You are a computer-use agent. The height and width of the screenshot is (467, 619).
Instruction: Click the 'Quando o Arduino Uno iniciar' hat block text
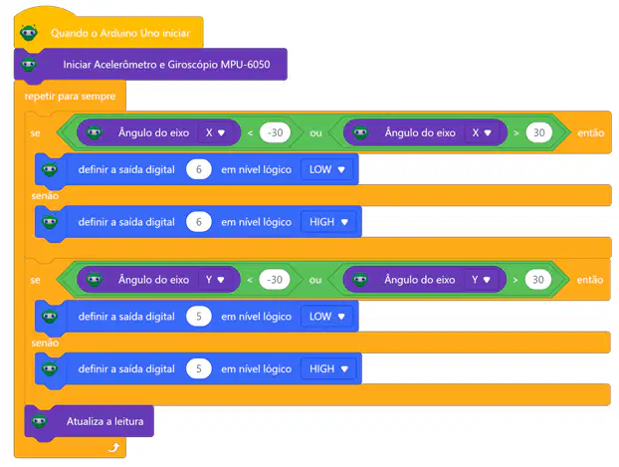click(120, 33)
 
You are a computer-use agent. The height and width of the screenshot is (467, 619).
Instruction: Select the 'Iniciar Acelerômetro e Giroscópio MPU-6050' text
click(166, 65)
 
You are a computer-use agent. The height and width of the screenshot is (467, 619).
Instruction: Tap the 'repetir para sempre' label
click(70, 96)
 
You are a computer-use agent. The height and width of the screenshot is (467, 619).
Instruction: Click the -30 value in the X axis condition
click(275, 132)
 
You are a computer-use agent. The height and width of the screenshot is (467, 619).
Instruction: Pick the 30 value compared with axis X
click(538, 132)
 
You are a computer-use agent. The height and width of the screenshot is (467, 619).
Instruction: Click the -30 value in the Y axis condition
click(275, 280)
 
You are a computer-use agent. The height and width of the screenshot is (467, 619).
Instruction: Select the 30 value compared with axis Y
click(538, 280)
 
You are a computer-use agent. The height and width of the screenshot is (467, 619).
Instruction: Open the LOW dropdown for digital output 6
click(326, 169)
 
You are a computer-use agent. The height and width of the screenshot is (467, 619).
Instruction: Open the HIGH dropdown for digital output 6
click(328, 222)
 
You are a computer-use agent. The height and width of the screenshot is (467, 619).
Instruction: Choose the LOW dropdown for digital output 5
click(326, 317)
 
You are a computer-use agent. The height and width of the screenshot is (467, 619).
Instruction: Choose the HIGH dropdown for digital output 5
click(328, 369)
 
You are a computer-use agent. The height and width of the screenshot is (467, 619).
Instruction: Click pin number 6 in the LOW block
click(199, 169)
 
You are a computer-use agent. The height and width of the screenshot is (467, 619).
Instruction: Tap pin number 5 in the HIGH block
click(199, 369)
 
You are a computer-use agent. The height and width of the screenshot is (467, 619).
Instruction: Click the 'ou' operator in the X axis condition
click(315, 133)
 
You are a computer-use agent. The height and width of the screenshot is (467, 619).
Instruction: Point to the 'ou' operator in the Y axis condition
click(315, 280)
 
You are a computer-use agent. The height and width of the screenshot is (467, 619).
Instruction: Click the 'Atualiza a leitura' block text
click(105, 421)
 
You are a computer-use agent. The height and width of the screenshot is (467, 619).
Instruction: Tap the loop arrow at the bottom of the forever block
click(113, 448)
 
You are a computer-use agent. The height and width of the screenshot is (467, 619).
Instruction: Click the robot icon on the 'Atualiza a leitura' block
click(40, 421)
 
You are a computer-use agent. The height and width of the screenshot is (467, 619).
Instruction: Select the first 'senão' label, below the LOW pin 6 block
click(45, 196)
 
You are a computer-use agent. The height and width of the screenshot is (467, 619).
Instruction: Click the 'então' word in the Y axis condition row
click(590, 280)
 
